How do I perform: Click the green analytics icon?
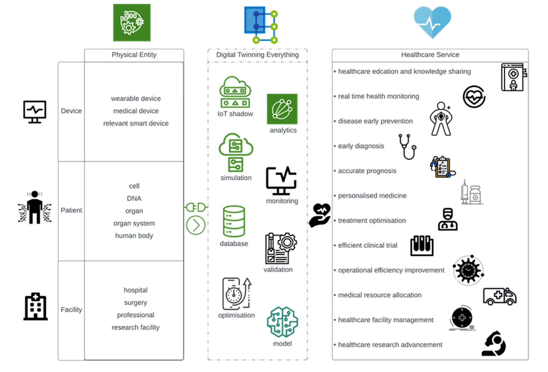tap(282, 109)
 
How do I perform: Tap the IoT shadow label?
tap(235, 114)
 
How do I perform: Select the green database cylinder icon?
tap(234, 221)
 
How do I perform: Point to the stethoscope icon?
tap(407, 147)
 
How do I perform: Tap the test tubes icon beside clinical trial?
tap(422, 246)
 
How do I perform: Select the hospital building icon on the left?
tap(35, 307)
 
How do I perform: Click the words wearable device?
tap(136, 99)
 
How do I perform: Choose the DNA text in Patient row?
tap(134, 199)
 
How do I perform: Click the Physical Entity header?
tap(134, 55)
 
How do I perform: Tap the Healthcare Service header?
tap(430, 55)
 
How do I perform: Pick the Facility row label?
tap(71, 310)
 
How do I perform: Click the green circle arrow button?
tap(196, 225)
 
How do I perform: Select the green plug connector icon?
tap(196, 207)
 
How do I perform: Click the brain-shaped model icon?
tap(282, 322)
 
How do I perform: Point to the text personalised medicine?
tap(372, 196)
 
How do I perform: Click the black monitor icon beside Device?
tap(35, 112)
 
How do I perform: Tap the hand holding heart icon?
tap(320, 215)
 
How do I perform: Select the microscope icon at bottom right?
tap(495, 344)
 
